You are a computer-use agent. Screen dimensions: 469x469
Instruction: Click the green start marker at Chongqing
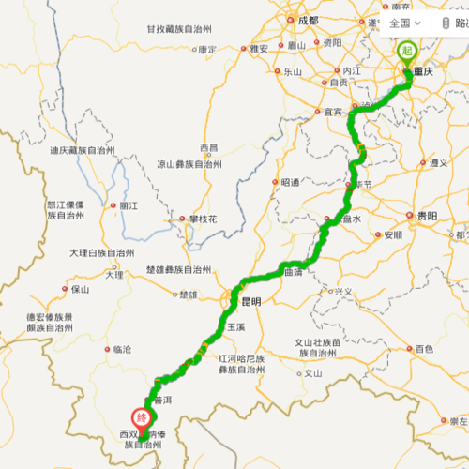(x=407, y=51)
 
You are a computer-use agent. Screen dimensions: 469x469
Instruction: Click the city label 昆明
(x=250, y=302)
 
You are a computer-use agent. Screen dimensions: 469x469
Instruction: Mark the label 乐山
(x=292, y=71)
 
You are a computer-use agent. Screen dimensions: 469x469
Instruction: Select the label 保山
(x=81, y=289)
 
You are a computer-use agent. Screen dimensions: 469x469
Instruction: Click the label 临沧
(x=122, y=349)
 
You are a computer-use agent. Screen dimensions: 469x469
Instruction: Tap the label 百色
(x=424, y=349)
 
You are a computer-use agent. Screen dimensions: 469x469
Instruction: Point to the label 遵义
(x=438, y=162)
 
